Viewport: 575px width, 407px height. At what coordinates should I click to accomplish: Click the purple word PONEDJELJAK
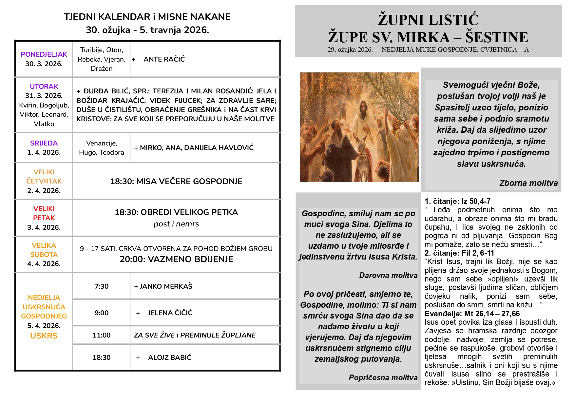click(44, 54)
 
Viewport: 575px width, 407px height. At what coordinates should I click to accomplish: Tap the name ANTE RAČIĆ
click(164, 59)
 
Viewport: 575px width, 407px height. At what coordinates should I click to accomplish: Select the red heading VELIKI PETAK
click(44, 213)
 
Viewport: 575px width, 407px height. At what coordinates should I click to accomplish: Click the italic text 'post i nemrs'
click(176, 224)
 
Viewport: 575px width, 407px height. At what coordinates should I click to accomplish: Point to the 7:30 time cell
click(101, 286)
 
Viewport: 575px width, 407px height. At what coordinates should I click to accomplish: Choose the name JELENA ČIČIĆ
click(170, 313)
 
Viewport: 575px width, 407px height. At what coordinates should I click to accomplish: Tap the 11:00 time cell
click(101, 335)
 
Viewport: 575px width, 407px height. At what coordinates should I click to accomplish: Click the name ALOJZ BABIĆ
click(169, 358)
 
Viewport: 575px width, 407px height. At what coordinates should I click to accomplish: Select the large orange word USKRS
click(44, 336)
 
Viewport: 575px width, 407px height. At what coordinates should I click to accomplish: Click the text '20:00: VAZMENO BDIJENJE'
click(176, 259)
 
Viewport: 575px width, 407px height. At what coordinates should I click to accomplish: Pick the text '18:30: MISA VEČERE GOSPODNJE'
click(176, 182)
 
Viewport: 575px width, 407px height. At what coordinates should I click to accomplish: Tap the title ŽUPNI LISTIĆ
click(428, 20)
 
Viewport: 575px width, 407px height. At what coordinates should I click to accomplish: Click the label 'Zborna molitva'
click(528, 183)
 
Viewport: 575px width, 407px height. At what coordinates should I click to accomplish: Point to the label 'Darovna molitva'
click(388, 276)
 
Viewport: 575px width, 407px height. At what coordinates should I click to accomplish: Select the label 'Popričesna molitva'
click(383, 378)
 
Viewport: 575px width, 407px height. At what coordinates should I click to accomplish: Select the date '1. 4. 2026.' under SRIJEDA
click(44, 152)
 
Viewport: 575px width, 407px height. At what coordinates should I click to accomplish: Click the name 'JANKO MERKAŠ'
click(163, 286)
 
